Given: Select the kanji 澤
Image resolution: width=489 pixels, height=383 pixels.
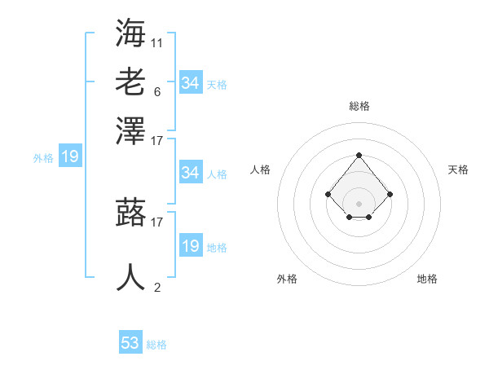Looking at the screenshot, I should point(131,130).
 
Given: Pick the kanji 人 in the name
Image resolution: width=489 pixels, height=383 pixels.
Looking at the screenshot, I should point(131,277).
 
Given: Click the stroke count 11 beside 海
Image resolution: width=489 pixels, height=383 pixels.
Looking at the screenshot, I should point(157,42).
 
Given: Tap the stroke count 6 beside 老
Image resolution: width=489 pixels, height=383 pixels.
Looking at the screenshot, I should point(157,91).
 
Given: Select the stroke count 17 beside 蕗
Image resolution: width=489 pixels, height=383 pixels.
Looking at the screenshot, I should point(157,221).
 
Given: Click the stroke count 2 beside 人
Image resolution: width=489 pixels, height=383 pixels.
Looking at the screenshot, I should point(157,287).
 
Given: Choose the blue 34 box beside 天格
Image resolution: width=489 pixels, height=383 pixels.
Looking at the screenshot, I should point(190,83).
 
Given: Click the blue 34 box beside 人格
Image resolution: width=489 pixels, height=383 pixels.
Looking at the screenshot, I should point(190,173).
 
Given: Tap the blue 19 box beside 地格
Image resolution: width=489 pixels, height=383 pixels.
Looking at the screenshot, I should point(190,246).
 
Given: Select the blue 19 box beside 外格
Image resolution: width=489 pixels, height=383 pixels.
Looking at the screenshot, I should point(69,156).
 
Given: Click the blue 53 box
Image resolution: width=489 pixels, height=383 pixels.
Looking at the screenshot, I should point(130,343).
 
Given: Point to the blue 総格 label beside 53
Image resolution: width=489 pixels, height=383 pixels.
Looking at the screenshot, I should point(156,345).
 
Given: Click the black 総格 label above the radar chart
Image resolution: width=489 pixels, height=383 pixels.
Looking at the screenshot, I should point(359,106).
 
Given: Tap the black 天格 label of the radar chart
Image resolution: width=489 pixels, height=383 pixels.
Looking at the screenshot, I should point(458,169).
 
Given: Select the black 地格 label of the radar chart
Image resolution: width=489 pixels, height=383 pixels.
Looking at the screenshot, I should point(427,279).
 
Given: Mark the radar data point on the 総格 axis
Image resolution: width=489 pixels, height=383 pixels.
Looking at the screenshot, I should point(359,155).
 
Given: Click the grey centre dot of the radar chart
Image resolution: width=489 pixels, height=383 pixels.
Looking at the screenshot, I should point(359,203).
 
